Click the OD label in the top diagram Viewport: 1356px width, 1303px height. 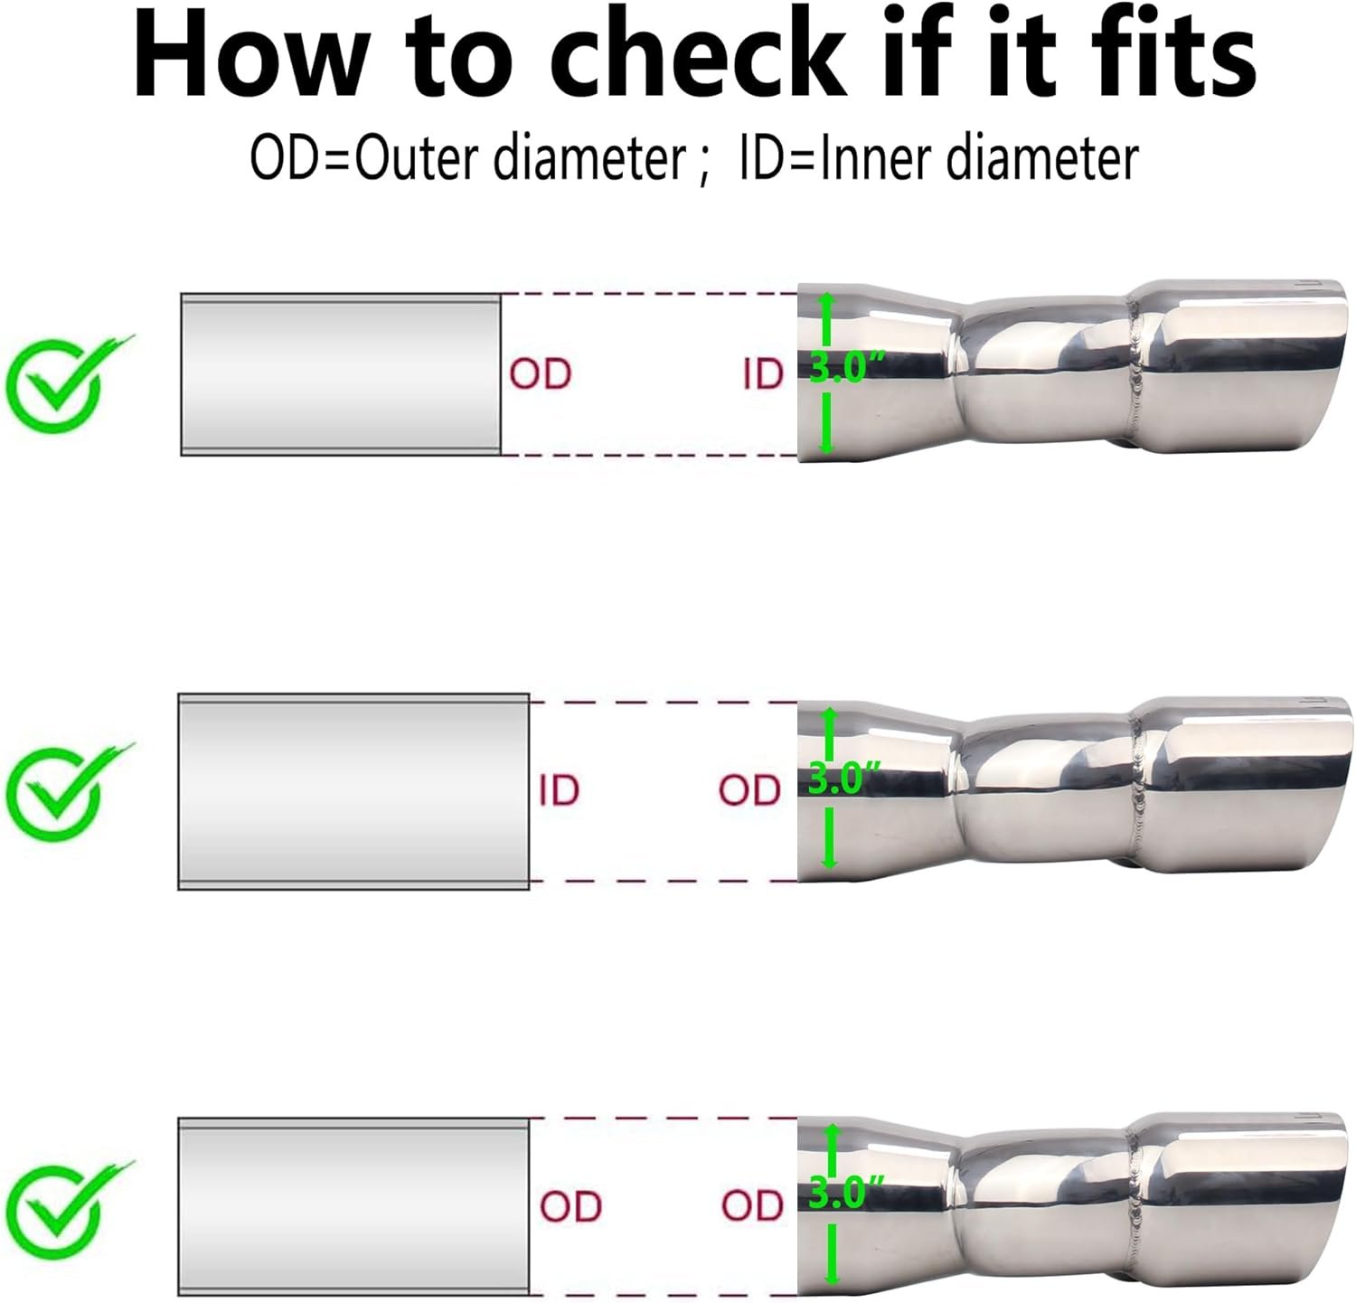tap(541, 374)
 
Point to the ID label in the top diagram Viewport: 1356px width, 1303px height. tap(763, 374)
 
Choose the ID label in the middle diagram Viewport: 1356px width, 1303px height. tap(559, 790)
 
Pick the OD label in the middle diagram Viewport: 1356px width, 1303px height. tap(749, 790)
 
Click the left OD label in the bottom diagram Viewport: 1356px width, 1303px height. tap(571, 1206)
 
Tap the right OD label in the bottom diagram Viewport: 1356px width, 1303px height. tap(752, 1206)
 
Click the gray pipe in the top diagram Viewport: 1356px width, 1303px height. tap(341, 374)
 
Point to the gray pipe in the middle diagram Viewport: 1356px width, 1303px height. tap(353, 791)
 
